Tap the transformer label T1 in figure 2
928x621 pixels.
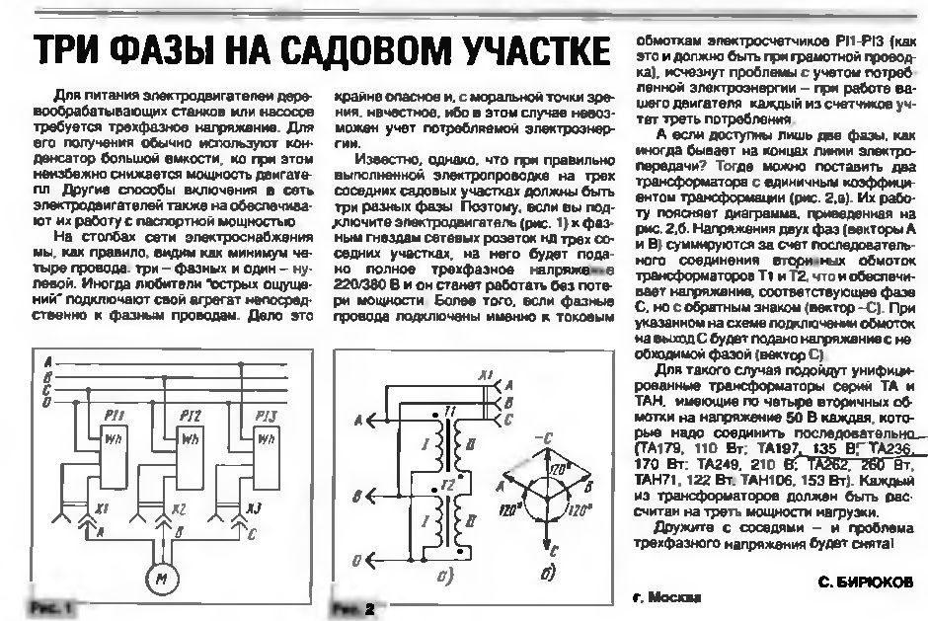[450, 410]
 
